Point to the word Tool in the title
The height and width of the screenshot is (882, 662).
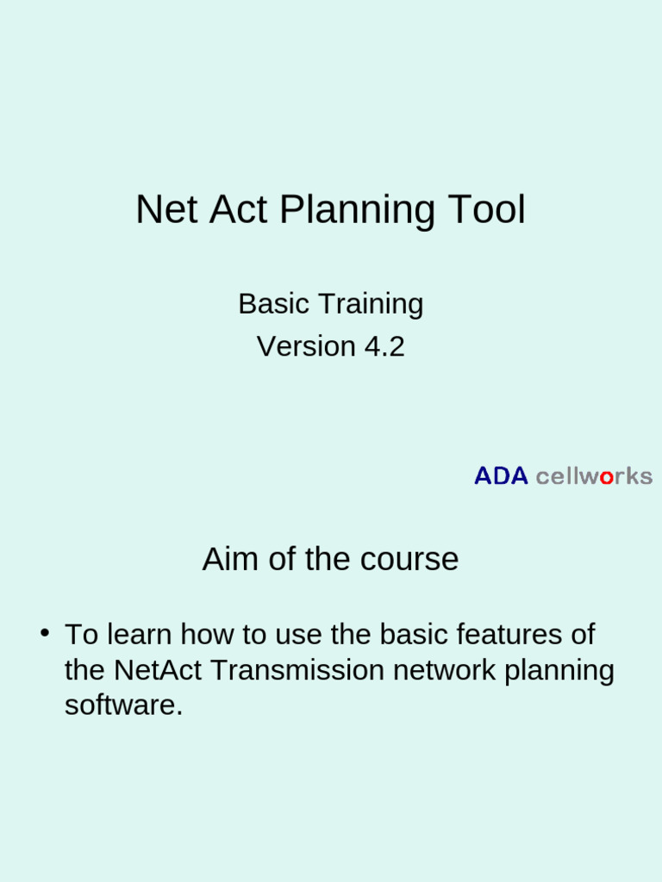point(486,210)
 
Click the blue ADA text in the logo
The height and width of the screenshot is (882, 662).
point(501,476)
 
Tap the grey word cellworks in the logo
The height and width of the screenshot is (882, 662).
point(594,476)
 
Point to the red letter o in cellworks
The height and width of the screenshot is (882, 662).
point(606,477)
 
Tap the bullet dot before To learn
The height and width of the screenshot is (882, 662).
point(43,633)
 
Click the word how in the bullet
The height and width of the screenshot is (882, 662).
point(203,635)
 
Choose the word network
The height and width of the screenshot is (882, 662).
point(445,670)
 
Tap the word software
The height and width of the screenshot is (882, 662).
point(123,705)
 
